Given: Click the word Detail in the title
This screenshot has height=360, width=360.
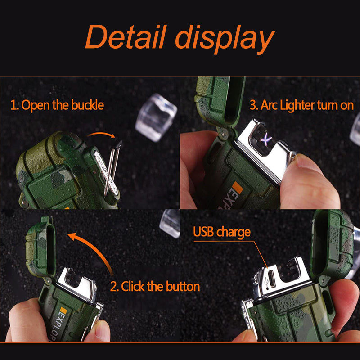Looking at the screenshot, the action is tap(126, 37).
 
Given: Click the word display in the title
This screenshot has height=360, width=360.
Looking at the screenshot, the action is tap(225, 39).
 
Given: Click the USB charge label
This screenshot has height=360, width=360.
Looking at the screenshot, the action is tap(222, 232).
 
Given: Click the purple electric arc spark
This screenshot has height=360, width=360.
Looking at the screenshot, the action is tap(266, 139).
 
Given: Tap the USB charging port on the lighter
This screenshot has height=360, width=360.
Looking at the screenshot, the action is tap(272, 279).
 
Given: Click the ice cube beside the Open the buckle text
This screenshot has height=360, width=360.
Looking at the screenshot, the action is tap(156, 117).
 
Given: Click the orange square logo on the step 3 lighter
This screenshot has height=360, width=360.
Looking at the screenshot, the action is tap(238, 188).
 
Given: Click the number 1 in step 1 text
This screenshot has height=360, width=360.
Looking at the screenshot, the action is tap(13, 106).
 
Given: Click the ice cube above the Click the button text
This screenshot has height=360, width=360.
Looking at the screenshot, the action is tap(170, 224).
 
